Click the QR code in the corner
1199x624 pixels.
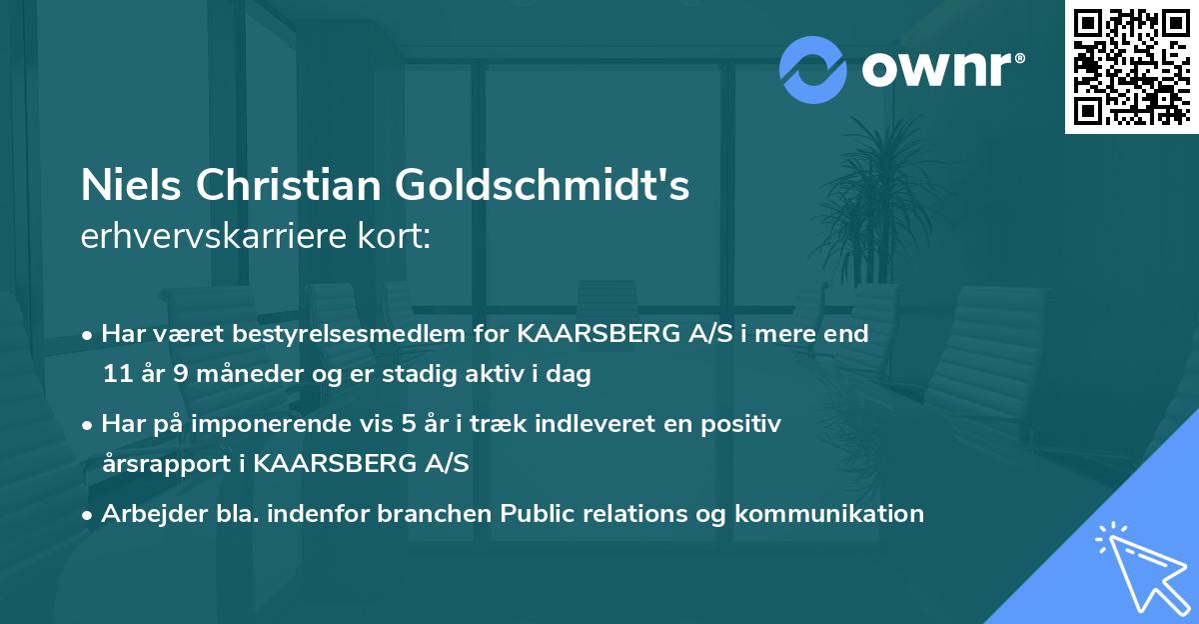(x=1131, y=67)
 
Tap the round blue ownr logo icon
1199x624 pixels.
(x=813, y=69)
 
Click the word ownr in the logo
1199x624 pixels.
(x=934, y=70)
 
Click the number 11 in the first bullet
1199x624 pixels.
(x=116, y=374)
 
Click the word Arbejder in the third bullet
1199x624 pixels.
(x=149, y=513)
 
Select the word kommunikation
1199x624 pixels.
(x=829, y=513)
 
